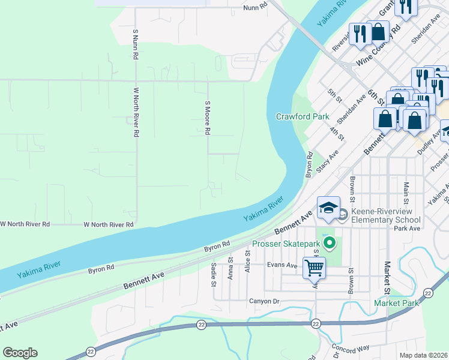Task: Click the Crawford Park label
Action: tap(303, 116)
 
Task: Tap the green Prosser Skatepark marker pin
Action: tap(329, 243)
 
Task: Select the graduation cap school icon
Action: tap(328, 208)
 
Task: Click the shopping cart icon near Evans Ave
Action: tap(314, 267)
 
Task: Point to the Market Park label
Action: tap(396, 303)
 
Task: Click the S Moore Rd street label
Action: tap(208, 118)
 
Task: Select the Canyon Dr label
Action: tap(264, 301)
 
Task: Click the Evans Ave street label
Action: tap(283, 265)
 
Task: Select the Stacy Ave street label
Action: tap(328, 161)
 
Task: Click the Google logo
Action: tap(20, 353)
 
